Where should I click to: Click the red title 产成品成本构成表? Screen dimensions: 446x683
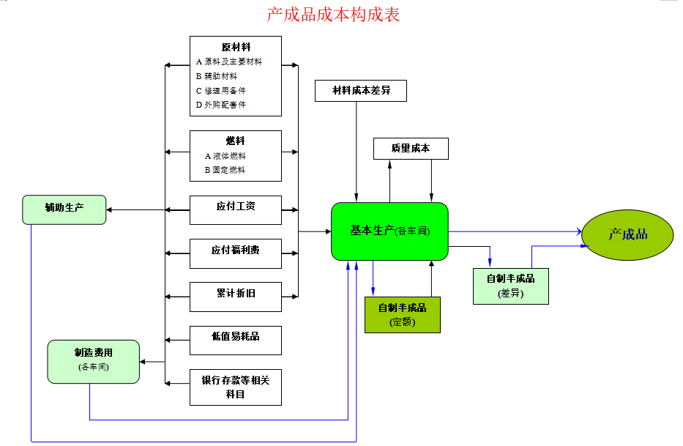click(333, 14)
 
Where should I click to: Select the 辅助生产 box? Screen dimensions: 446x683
click(64, 209)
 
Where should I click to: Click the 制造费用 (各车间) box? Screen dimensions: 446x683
click(93, 361)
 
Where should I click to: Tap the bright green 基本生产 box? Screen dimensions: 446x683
click(389, 231)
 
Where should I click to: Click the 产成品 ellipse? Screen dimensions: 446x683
click(627, 235)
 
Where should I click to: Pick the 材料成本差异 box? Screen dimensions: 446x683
click(360, 91)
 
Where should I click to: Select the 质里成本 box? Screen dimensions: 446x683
click(410, 149)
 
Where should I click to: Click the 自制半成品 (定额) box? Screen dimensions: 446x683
click(402, 314)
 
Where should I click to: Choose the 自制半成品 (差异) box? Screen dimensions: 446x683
click(510, 286)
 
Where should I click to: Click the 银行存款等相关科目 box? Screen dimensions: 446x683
click(235, 387)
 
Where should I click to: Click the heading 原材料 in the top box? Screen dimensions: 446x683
click(236, 48)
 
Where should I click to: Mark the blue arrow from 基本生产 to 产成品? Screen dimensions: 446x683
click(512, 232)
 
